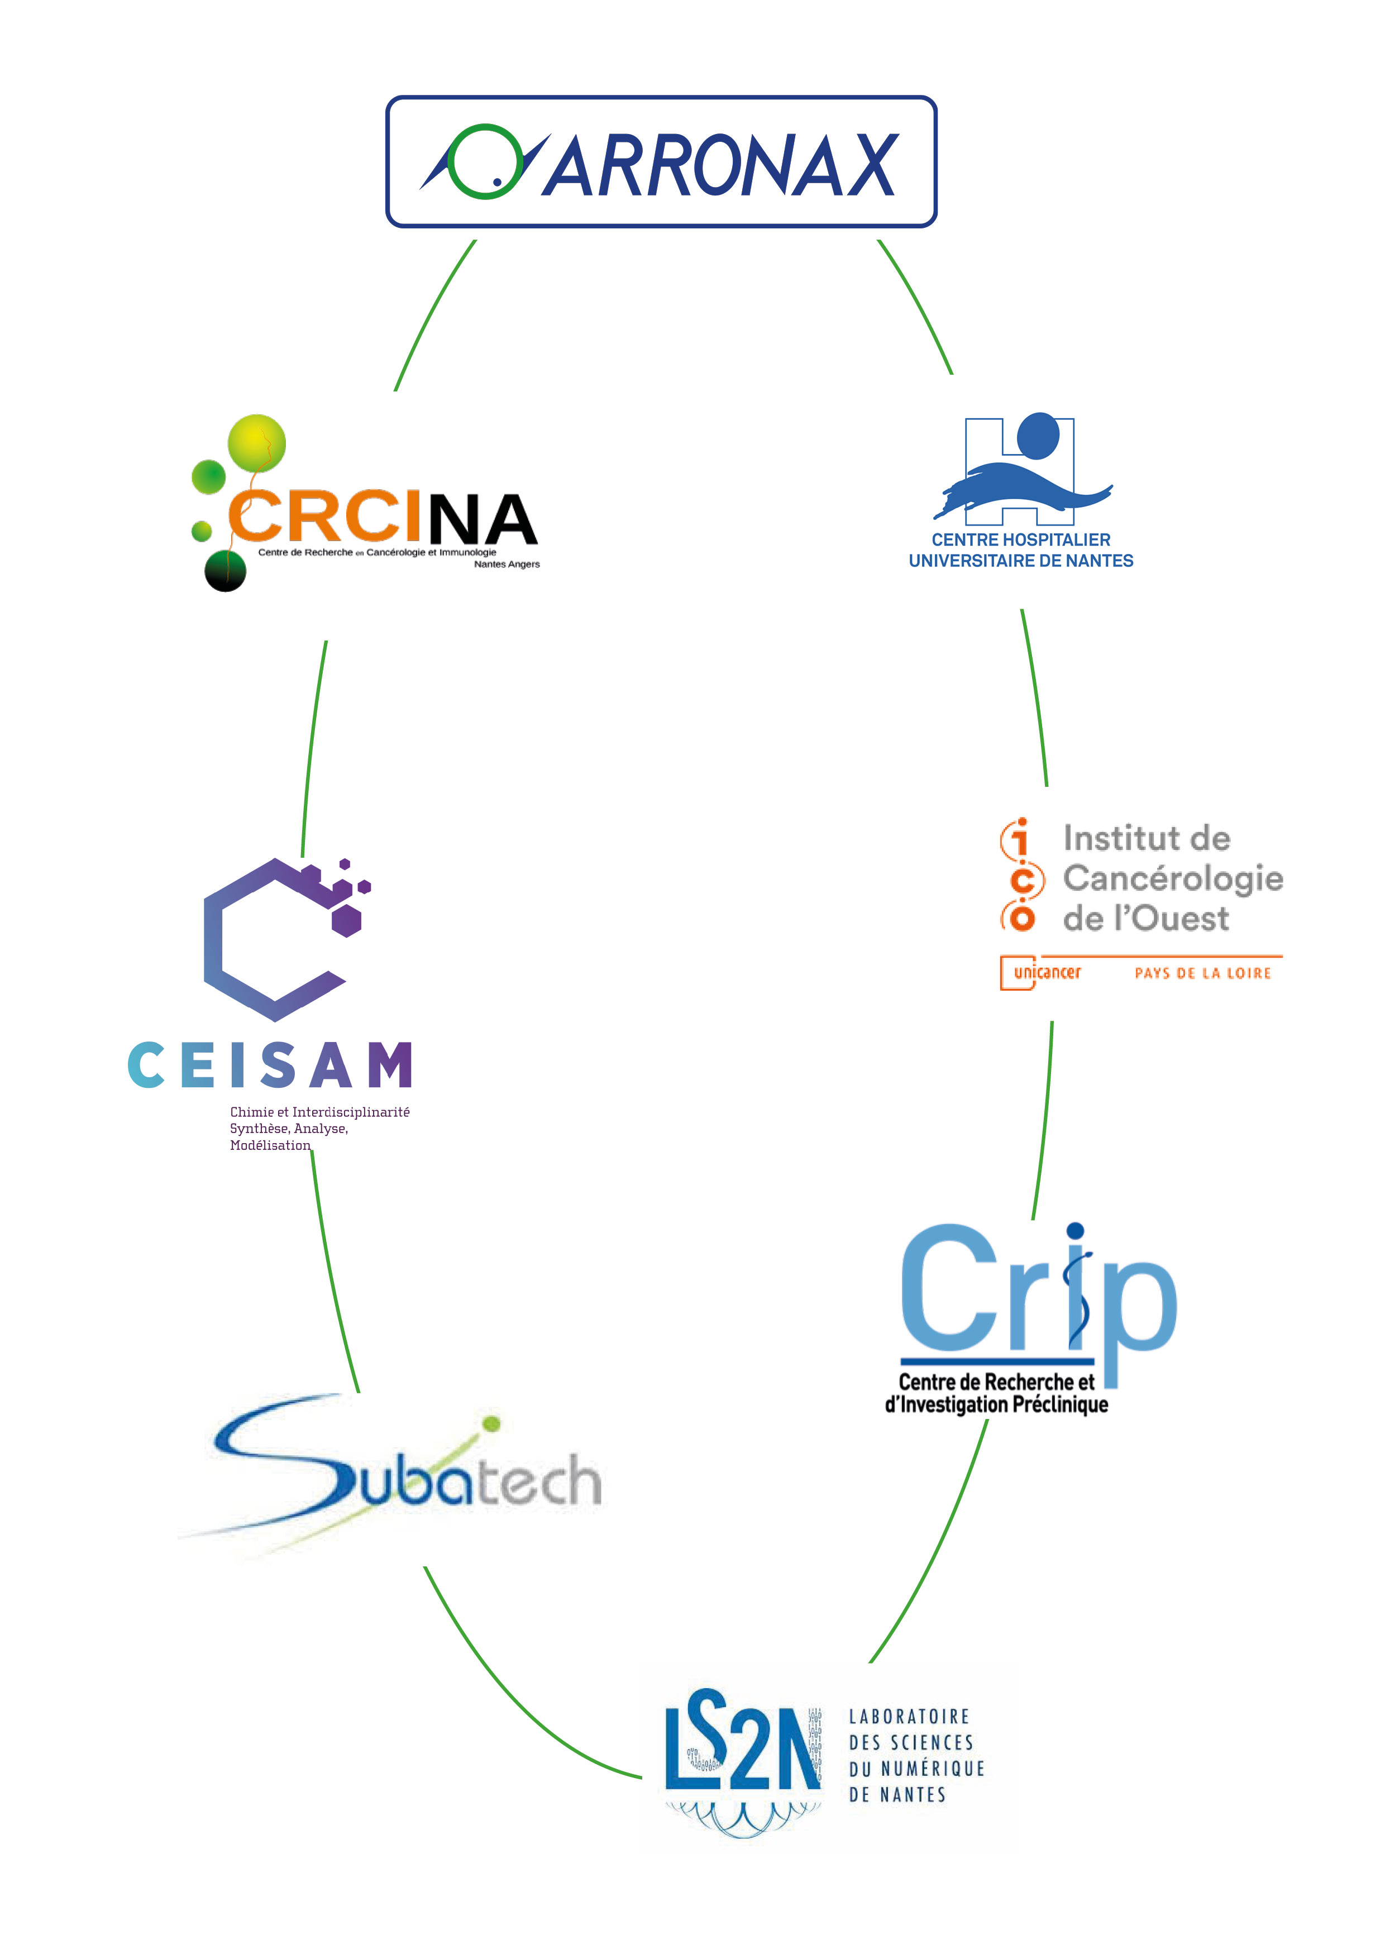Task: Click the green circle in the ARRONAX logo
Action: pyautogui.click(x=484, y=161)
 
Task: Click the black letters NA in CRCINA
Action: pyautogui.click(x=482, y=519)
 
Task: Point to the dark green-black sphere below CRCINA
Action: pyautogui.click(x=225, y=571)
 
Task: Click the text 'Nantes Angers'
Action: pyautogui.click(x=507, y=564)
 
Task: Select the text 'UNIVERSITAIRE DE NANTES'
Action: pyautogui.click(x=1021, y=561)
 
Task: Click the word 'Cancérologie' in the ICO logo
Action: pyautogui.click(x=1173, y=878)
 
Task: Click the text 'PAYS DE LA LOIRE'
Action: pyautogui.click(x=1202, y=973)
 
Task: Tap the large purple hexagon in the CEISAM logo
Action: pyautogui.click(x=346, y=921)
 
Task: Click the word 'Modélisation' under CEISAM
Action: pyautogui.click(x=270, y=1145)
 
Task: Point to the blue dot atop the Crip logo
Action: pyautogui.click(x=1075, y=1230)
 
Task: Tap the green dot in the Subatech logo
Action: pyautogui.click(x=491, y=1423)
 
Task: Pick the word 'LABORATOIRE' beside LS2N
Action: pyautogui.click(x=909, y=1717)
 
